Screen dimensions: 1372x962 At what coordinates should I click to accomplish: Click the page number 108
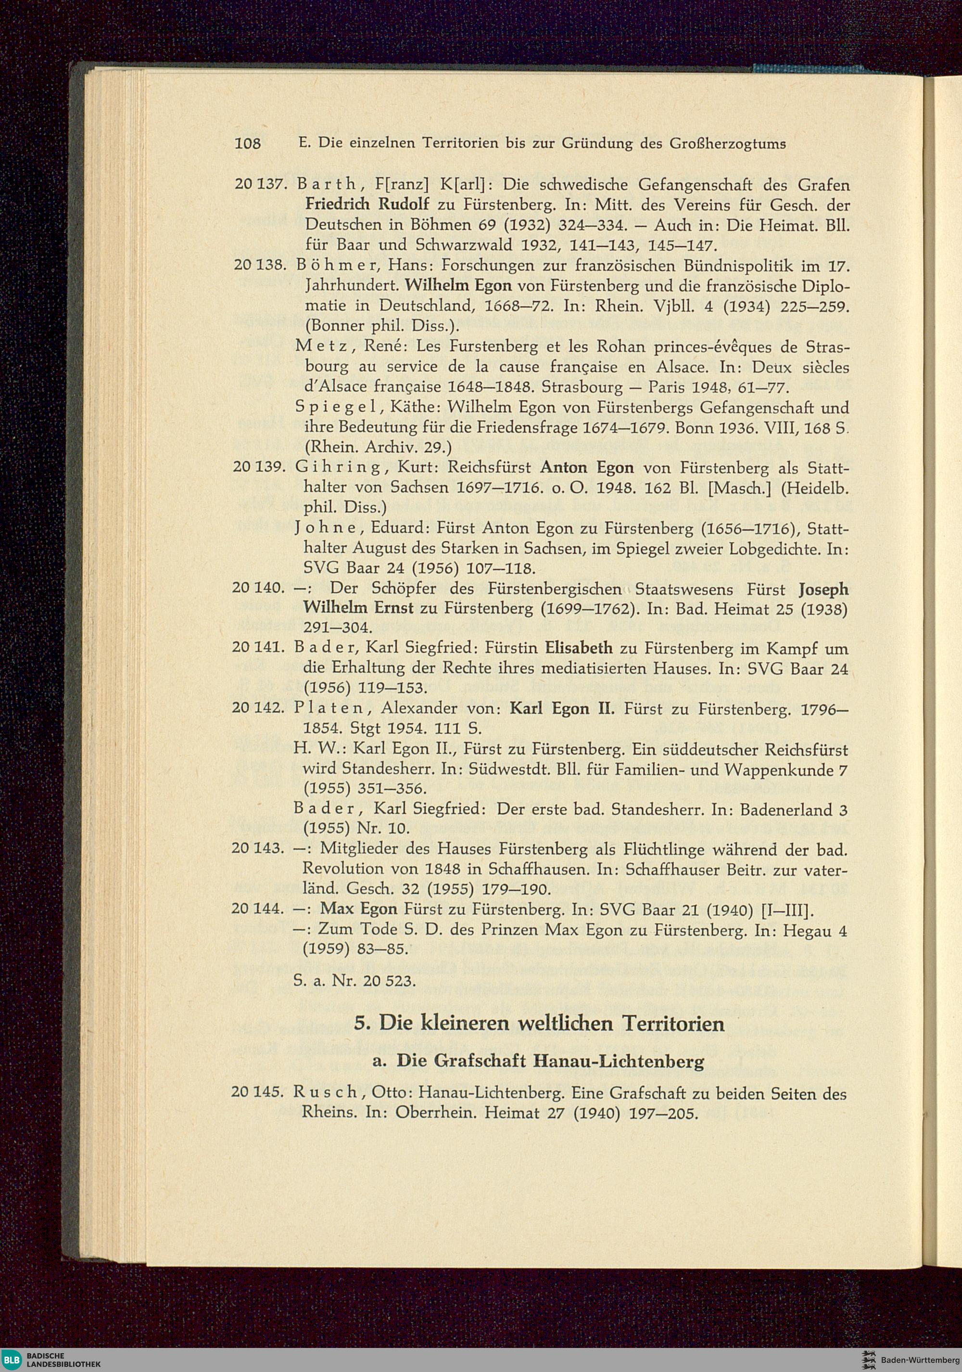click(248, 144)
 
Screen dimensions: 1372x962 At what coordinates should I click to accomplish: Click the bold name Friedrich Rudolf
click(367, 205)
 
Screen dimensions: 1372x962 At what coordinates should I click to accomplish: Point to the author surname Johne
click(327, 528)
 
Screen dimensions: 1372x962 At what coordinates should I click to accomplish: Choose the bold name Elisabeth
click(579, 648)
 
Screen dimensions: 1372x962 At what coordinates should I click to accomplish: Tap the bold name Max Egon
click(358, 909)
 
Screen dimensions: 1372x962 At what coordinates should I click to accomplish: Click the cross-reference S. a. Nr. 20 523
click(354, 981)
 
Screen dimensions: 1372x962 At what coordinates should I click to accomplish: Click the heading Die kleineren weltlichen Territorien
click(539, 1024)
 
